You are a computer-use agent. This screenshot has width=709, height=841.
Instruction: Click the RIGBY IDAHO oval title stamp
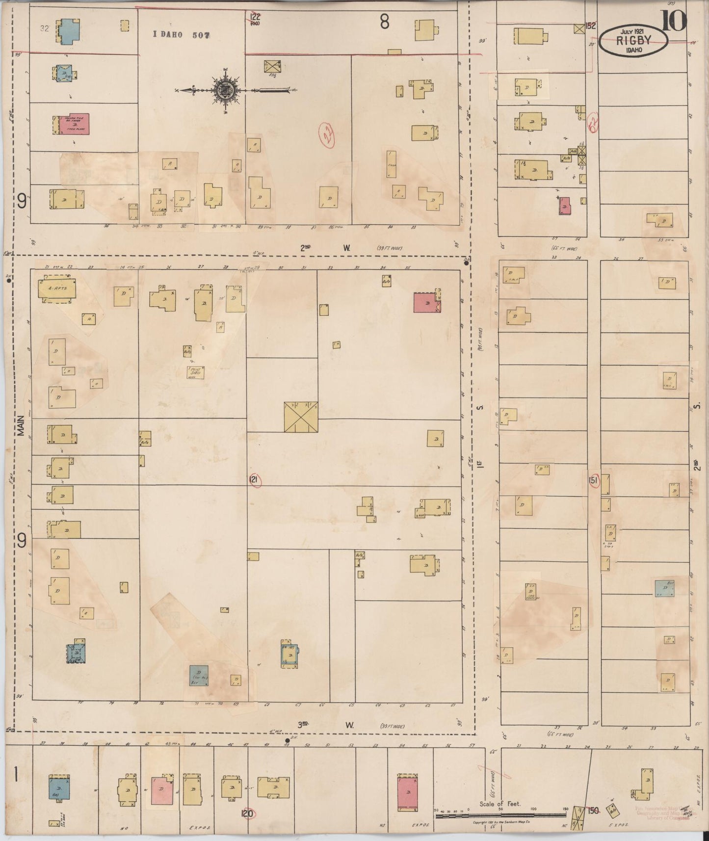point(633,41)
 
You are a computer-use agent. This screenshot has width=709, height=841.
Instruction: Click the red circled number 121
point(254,479)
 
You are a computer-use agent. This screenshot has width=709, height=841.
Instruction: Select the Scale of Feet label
point(499,804)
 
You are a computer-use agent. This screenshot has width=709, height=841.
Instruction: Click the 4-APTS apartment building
point(57,289)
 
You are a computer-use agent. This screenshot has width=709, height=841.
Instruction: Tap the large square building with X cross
point(301,417)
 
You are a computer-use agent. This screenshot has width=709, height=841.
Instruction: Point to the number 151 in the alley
point(593,481)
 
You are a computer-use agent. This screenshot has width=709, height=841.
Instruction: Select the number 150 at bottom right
point(593,811)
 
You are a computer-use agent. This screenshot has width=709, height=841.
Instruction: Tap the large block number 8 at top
point(385,22)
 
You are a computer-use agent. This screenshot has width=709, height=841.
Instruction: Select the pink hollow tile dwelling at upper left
point(74,124)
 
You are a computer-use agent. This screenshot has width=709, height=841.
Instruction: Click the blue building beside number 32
point(67,31)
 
